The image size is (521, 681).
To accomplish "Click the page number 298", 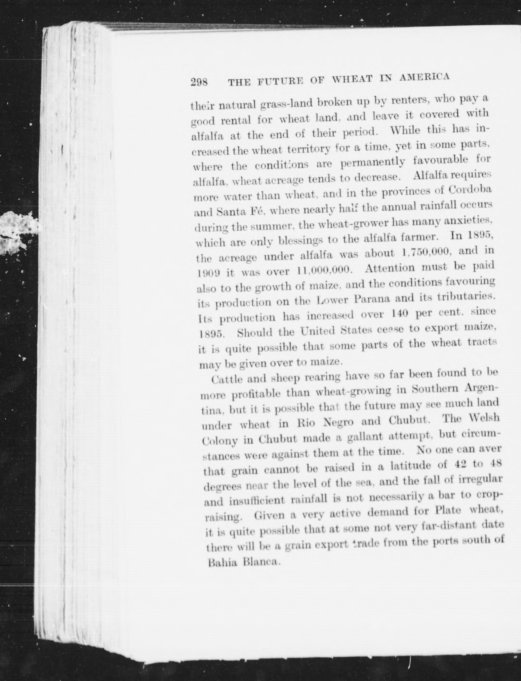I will pos(199,82).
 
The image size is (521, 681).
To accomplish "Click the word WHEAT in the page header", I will pos(353,79).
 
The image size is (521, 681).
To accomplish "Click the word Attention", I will pos(389,268).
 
